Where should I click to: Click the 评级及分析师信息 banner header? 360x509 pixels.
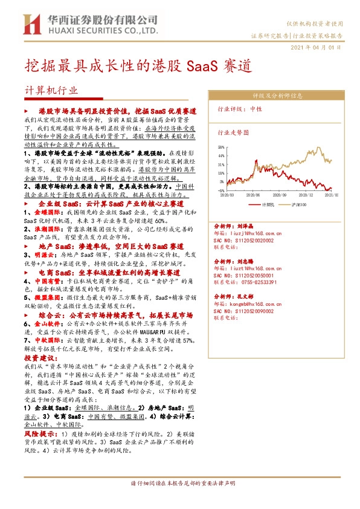(277, 96)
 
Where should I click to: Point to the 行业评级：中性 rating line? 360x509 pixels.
(240, 109)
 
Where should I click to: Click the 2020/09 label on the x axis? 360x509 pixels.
(280, 196)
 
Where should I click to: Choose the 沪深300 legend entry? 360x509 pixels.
(309, 205)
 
